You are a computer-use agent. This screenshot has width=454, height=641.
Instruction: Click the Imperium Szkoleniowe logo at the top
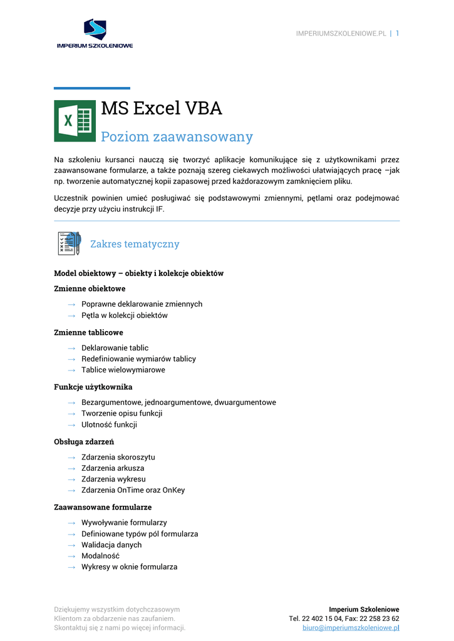95,34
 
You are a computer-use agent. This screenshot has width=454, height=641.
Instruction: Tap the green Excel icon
75,121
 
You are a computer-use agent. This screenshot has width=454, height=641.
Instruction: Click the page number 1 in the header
397,33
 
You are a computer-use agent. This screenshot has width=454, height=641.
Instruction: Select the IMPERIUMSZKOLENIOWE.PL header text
341,34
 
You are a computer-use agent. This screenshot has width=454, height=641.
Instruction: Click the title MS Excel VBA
162,108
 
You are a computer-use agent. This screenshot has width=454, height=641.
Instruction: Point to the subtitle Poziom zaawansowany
177,136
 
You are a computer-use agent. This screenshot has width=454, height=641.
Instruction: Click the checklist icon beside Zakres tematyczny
69,244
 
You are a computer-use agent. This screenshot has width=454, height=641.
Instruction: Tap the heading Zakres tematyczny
135,244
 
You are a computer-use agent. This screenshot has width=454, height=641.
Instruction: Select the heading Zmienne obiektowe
90,289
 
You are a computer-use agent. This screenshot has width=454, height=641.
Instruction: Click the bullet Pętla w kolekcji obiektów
124,315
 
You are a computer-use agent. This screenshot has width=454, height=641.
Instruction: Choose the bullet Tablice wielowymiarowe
123,370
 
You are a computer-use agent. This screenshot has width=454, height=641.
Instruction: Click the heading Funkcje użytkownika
93,387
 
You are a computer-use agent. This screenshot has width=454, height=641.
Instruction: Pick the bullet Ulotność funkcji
109,424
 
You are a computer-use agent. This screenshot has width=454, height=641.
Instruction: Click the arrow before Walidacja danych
71,545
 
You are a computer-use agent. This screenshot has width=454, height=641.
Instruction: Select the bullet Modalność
100,556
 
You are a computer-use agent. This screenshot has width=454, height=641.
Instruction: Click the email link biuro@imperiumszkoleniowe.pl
351,628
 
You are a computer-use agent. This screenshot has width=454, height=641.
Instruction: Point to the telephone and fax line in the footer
344,618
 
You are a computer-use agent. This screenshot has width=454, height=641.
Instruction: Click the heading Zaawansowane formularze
103,507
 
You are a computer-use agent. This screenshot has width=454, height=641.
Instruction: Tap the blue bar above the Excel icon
92,88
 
